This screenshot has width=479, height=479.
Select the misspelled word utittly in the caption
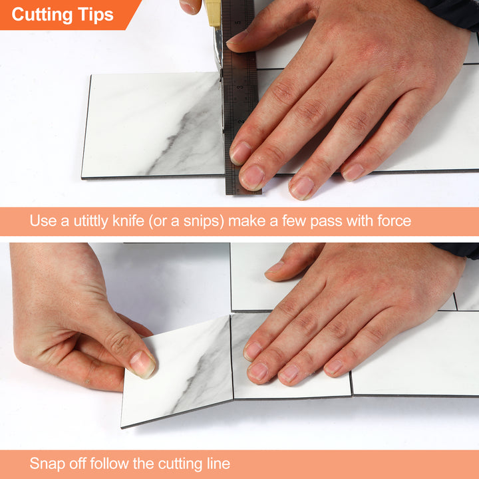tap(89, 221)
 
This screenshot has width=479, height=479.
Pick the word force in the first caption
tap(392, 221)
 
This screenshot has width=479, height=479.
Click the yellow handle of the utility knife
tap(214, 13)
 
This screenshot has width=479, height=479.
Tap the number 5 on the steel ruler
tap(237, 22)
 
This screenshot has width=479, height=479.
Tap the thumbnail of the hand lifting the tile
tap(142, 363)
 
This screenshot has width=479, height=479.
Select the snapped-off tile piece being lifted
tap(176, 376)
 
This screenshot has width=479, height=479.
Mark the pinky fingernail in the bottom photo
tap(333, 367)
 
